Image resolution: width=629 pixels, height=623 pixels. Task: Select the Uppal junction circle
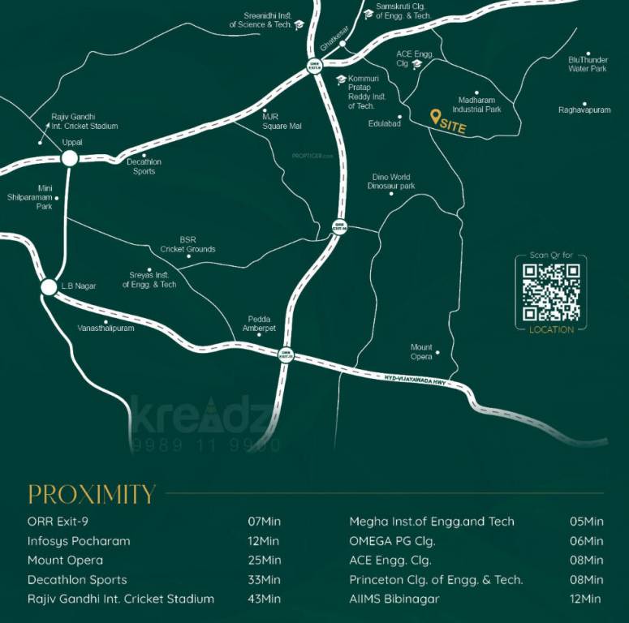(x=70, y=158)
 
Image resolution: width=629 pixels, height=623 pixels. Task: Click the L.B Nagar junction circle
(x=50, y=286)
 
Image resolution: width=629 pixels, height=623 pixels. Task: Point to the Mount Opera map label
(x=421, y=352)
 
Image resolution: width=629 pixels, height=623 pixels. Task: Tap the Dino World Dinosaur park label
(x=391, y=182)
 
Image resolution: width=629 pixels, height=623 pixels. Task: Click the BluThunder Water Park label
(x=588, y=64)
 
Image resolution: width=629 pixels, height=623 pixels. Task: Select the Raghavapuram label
(x=584, y=110)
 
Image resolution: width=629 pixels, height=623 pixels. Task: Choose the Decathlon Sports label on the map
(x=144, y=166)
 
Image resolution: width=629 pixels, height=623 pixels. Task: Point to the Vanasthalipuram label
(x=106, y=329)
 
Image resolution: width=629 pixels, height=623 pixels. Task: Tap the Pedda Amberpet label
(x=259, y=324)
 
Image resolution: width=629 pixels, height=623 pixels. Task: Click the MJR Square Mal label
(x=281, y=121)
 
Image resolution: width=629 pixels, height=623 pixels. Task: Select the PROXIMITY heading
(x=92, y=494)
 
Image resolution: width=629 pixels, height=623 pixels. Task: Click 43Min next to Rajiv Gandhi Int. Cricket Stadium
(x=265, y=599)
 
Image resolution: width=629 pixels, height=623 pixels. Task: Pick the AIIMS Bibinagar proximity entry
(x=394, y=599)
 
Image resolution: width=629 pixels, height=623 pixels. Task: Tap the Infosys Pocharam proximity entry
(x=79, y=540)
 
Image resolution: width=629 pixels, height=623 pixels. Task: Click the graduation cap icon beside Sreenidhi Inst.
(x=299, y=25)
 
